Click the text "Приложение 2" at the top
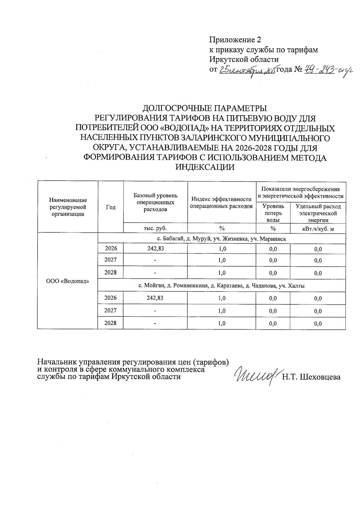point(235,40)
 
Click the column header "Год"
point(111,207)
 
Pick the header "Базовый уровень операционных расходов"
point(155,202)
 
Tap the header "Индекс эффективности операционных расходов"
point(222,203)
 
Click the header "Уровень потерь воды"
point(273,213)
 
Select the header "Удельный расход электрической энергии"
point(318,213)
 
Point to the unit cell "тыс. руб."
point(155,228)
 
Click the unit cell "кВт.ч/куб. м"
point(318,229)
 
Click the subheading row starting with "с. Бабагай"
point(222,239)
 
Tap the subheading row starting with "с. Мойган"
point(222,286)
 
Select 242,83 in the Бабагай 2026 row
point(155,249)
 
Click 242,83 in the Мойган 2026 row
point(155,298)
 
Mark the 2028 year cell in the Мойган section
point(110,323)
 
